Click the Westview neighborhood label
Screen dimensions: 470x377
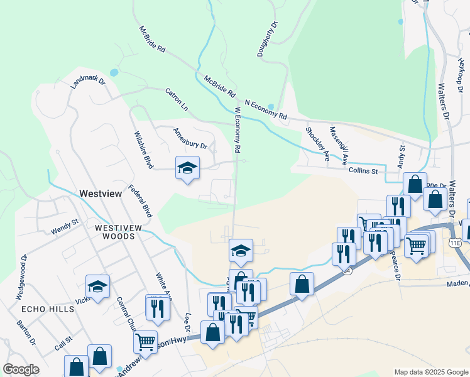[100, 194]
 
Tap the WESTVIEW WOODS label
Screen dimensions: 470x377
[115, 232]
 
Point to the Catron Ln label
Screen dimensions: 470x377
[177, 100]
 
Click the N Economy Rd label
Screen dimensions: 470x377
[266, 109]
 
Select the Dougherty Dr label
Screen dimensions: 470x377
[266, 40]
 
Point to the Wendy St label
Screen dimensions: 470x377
[65, 226]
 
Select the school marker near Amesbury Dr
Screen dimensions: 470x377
[187, 168]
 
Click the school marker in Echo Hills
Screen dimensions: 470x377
[97, 287]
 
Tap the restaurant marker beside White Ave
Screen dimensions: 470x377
[157, 307]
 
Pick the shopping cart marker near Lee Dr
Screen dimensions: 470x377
[146, 342]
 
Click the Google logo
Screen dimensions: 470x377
[21, 369]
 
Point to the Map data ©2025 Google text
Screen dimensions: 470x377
[432, 372]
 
